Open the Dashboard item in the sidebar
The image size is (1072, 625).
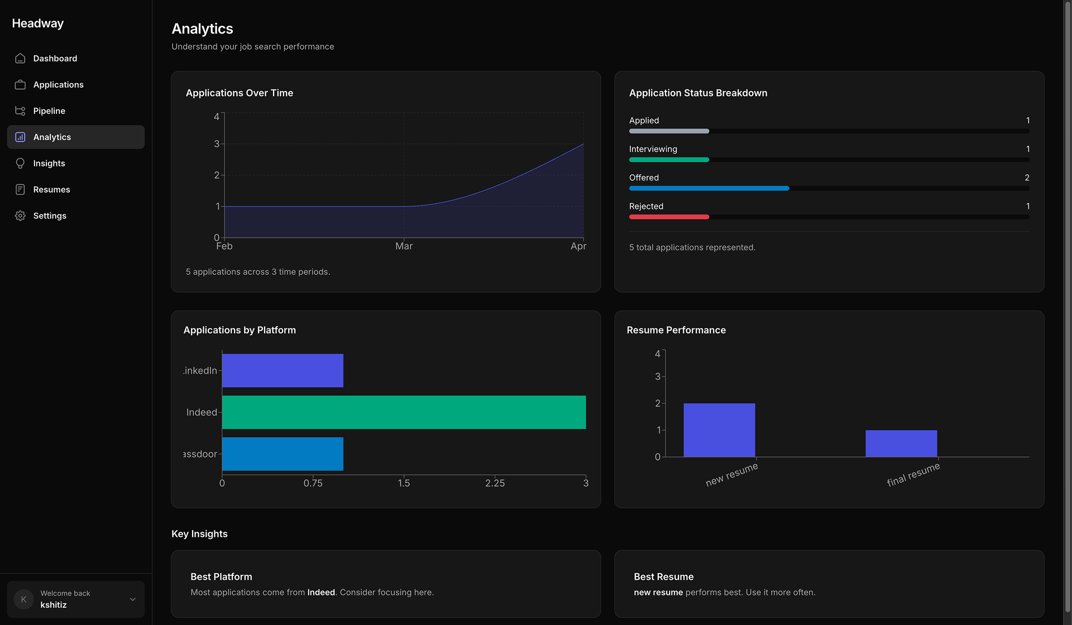[x=55, y=58]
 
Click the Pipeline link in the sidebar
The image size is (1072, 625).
[x=49, y=111]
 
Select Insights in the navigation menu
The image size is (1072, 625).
[x=49, y=163]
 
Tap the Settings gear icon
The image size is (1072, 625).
[x=20, y=216]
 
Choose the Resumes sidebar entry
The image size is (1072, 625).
[x=51, y=189]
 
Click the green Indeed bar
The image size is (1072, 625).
[x=404, y=412]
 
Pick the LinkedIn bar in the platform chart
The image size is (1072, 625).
[x=283, y=370]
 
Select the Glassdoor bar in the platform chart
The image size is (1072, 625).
[x=283, y=454]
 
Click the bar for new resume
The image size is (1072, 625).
[x=719, y=430]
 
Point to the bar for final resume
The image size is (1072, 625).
[x=901, y=443]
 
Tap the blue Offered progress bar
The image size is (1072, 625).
[x=709, y=188]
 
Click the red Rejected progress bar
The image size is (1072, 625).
[x=669, y=217]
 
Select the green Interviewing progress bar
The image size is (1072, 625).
[x=669, y=160]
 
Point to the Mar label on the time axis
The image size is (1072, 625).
[x=404, y=246]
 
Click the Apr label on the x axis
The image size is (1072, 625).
[x=578, y=246]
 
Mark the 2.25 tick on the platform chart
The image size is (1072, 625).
[x=495, y=483]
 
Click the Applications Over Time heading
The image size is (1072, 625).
[x=240, y=93]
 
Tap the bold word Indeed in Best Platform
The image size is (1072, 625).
[x=321, y=592]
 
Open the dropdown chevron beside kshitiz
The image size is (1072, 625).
[x=133, y=599]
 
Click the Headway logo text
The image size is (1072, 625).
[x=38, y=23]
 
